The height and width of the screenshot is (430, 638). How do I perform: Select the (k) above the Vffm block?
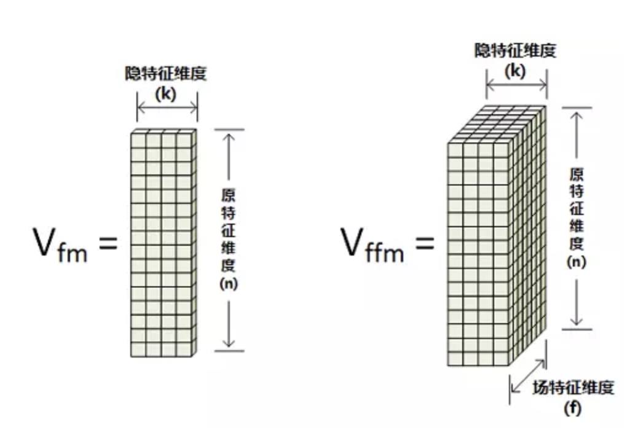coord(515,71)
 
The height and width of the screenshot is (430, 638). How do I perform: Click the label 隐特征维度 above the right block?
coord(515,50)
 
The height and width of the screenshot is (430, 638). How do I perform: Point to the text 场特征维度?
coord(573,388)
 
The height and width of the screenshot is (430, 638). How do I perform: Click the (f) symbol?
coord(572,407)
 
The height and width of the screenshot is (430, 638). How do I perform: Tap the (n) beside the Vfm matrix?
coord(229,284)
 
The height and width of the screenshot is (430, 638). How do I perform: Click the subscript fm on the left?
coord(74,251)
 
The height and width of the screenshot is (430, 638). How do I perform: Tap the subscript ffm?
coord(385,251)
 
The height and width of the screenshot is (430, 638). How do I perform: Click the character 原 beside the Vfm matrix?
coord(229,196)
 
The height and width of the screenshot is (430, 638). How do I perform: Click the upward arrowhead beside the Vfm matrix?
coord(229,136)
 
